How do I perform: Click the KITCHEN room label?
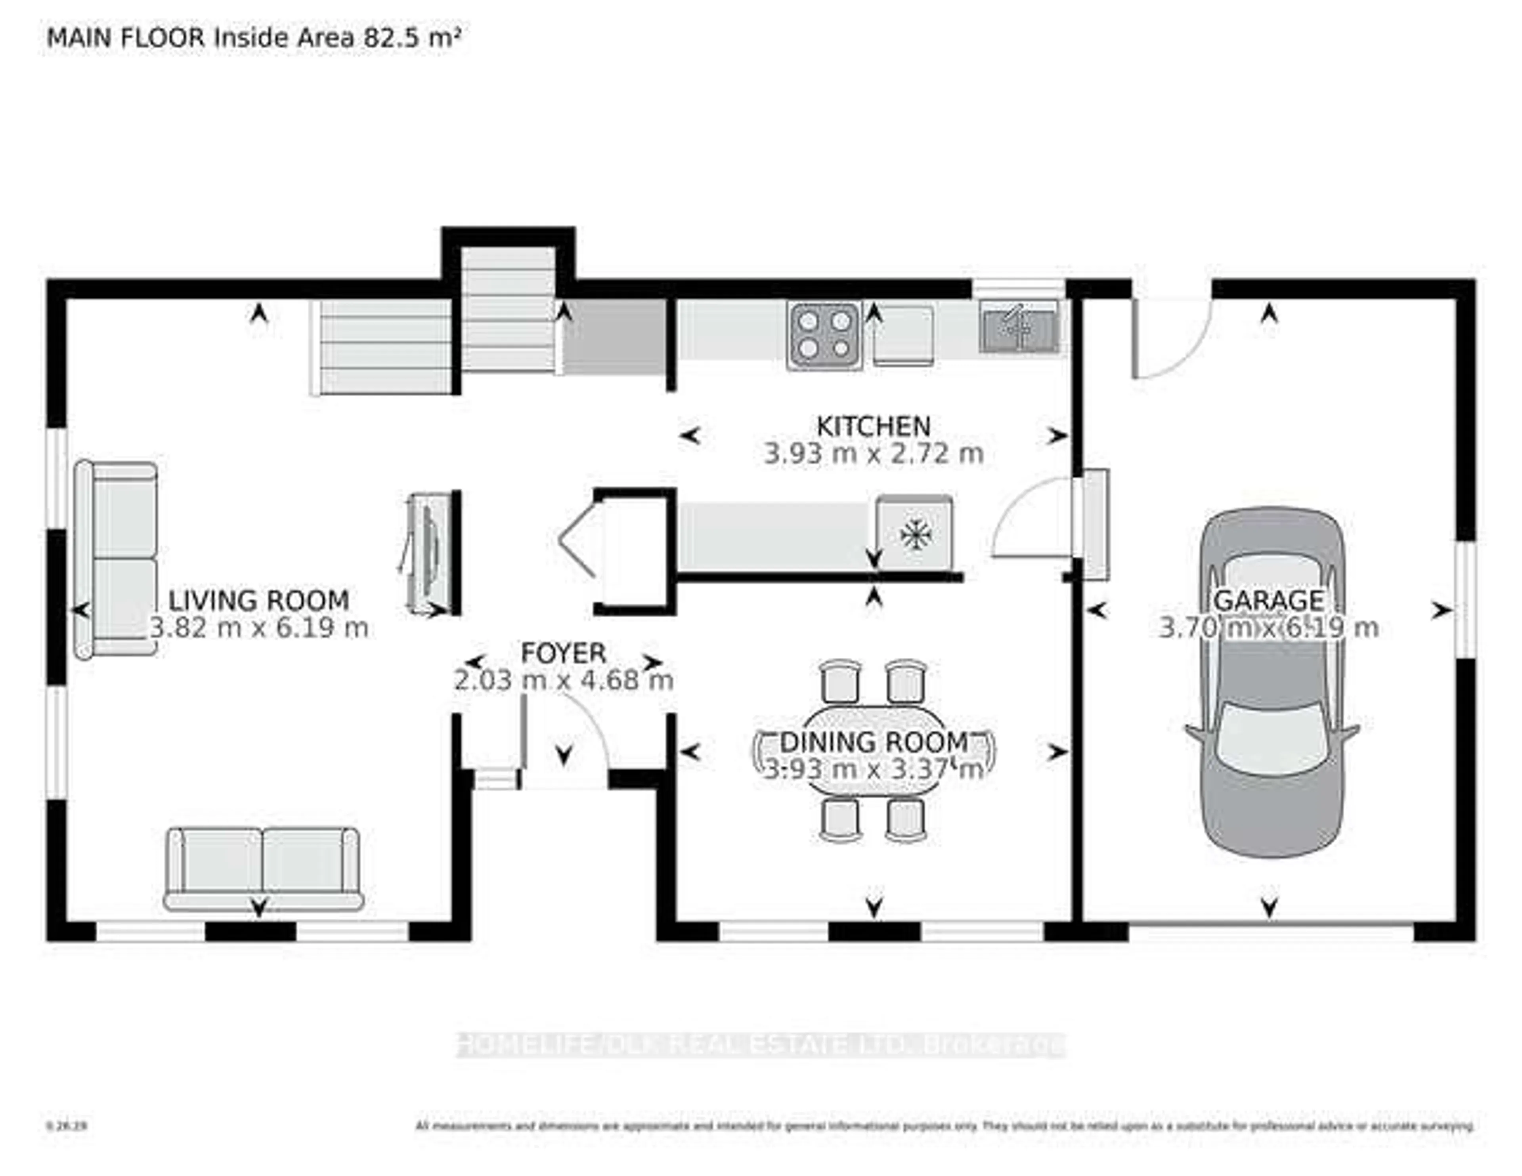[x=873, y=426]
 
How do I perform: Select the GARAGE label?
[x=1268, y=600]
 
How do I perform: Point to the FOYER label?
[x=563, y=653]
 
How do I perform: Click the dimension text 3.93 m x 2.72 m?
[x=873, y=454]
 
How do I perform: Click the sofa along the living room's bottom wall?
[x=264, y=869]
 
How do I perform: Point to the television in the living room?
[x=426, y=554]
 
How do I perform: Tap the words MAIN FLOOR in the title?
[x=125, y=38]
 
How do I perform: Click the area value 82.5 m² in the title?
[x=411, y=38]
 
